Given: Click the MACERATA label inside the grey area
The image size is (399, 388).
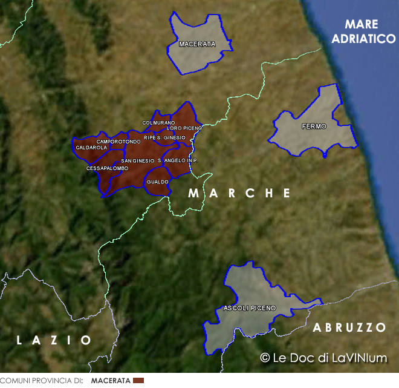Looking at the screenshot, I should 197,44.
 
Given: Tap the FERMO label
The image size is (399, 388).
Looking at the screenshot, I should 314,127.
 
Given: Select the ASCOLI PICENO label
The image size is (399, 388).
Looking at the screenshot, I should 249,308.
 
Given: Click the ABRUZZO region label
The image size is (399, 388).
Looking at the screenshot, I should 349,327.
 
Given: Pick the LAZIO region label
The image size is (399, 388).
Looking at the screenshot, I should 54,340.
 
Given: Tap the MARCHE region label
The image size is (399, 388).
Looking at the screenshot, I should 239,193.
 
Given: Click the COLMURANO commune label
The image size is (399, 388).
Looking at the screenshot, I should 158,123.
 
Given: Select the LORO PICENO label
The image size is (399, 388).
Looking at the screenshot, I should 184,128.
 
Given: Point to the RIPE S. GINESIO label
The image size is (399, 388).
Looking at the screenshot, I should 164,137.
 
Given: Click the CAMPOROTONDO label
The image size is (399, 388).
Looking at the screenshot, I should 118,142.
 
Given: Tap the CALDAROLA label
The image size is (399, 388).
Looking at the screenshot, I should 91,147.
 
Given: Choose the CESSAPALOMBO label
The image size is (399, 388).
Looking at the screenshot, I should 108,168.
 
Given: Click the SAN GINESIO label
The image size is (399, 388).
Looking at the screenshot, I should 138,160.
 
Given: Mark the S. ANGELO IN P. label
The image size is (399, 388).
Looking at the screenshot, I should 178,160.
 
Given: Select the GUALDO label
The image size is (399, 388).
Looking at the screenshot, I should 157,182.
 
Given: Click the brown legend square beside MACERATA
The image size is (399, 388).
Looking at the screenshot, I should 138,380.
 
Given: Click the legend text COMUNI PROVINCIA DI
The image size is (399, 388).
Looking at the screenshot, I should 41,381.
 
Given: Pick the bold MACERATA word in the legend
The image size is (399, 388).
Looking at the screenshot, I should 111,381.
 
